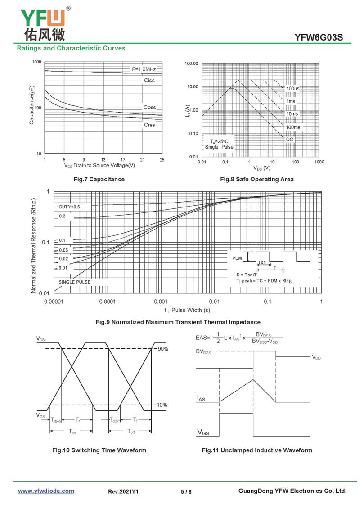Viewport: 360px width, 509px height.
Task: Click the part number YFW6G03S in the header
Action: point(319,37)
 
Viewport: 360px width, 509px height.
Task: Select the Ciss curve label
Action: point(149,81)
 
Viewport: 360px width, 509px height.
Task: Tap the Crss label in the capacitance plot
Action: point(149,125)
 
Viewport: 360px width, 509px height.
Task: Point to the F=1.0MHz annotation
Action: point(144,69)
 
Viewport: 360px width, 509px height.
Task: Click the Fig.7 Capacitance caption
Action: point(99,179)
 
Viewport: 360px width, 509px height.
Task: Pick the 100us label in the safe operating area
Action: point(292,89)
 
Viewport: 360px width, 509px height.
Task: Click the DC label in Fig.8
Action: point(290,140)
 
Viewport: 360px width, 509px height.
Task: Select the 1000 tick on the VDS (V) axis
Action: point(319,162)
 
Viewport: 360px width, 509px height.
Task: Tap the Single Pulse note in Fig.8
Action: point(219,147)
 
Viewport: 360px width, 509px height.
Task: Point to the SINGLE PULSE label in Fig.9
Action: point(74,282)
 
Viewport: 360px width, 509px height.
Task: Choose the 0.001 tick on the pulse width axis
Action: point(161,302)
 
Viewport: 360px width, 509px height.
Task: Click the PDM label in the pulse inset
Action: point(237,259)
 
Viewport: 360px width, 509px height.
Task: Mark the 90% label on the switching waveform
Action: point(162,349)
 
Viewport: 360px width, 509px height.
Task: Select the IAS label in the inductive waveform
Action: point(201,398)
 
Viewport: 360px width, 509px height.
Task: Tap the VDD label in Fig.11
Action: point(316,357)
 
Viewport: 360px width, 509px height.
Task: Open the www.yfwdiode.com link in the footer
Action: point(46,491)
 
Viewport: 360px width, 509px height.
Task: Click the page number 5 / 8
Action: point(186,491)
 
